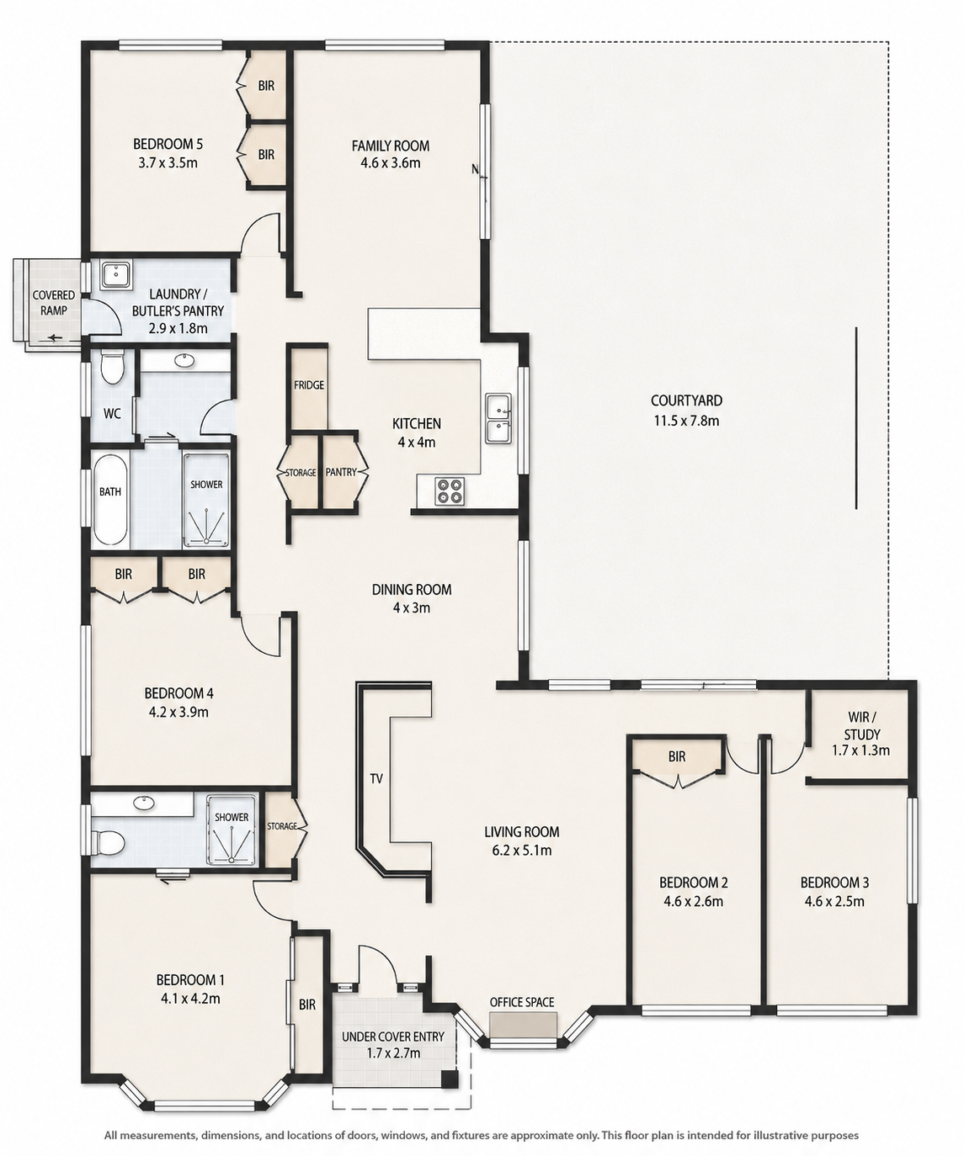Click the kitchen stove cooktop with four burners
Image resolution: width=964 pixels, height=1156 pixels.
tap(450, 490)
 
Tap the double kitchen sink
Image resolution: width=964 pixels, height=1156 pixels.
tap(498, 418)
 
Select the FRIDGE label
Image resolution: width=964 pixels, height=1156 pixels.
tap(309, 384)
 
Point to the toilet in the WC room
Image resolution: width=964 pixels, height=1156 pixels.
tap(113, 367)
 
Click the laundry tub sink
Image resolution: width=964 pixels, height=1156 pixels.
tap(115, 274)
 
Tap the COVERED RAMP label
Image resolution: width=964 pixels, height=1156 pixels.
tap(54, 303)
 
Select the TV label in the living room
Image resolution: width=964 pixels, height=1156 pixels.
tap(376, 778)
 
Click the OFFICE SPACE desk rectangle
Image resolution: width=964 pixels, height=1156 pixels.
tap(523, 1024)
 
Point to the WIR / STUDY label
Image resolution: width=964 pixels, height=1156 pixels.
tap(861, 726)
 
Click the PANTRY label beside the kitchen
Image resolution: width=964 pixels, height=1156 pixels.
tap(341, 472)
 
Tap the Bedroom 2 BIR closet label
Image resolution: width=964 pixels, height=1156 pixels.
tap(676, 756)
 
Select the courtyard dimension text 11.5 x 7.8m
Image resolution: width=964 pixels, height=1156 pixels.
tap(686, 421)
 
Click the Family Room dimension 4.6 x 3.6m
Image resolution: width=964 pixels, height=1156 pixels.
tap(390, 162)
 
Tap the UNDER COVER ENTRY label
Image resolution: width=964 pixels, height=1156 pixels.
tap(393, 1037)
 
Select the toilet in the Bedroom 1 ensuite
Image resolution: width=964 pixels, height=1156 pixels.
tap(109, 844)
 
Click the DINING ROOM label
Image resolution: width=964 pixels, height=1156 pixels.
tap(411, 590)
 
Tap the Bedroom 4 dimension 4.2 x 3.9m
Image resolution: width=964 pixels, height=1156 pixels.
tap(178, 712)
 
